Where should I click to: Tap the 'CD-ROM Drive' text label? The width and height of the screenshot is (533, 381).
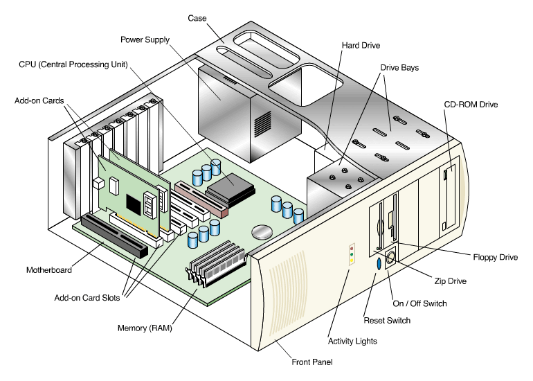(x=471, y=105)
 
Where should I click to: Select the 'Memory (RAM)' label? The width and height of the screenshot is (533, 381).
(x=147, y=328)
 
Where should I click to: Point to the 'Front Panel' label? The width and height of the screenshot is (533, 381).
(x=311, y=361)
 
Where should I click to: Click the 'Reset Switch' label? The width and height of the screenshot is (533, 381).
(x=387, y=320)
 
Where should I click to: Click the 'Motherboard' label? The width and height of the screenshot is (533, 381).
(x=48, y=269)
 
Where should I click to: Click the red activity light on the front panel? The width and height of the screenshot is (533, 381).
(x=352, y=247)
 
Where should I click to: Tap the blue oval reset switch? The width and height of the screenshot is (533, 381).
(x=379, y=264)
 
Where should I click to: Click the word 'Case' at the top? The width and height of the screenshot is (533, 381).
(x=199, y=17)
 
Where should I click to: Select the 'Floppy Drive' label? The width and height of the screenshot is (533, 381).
(x=494, y=257)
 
